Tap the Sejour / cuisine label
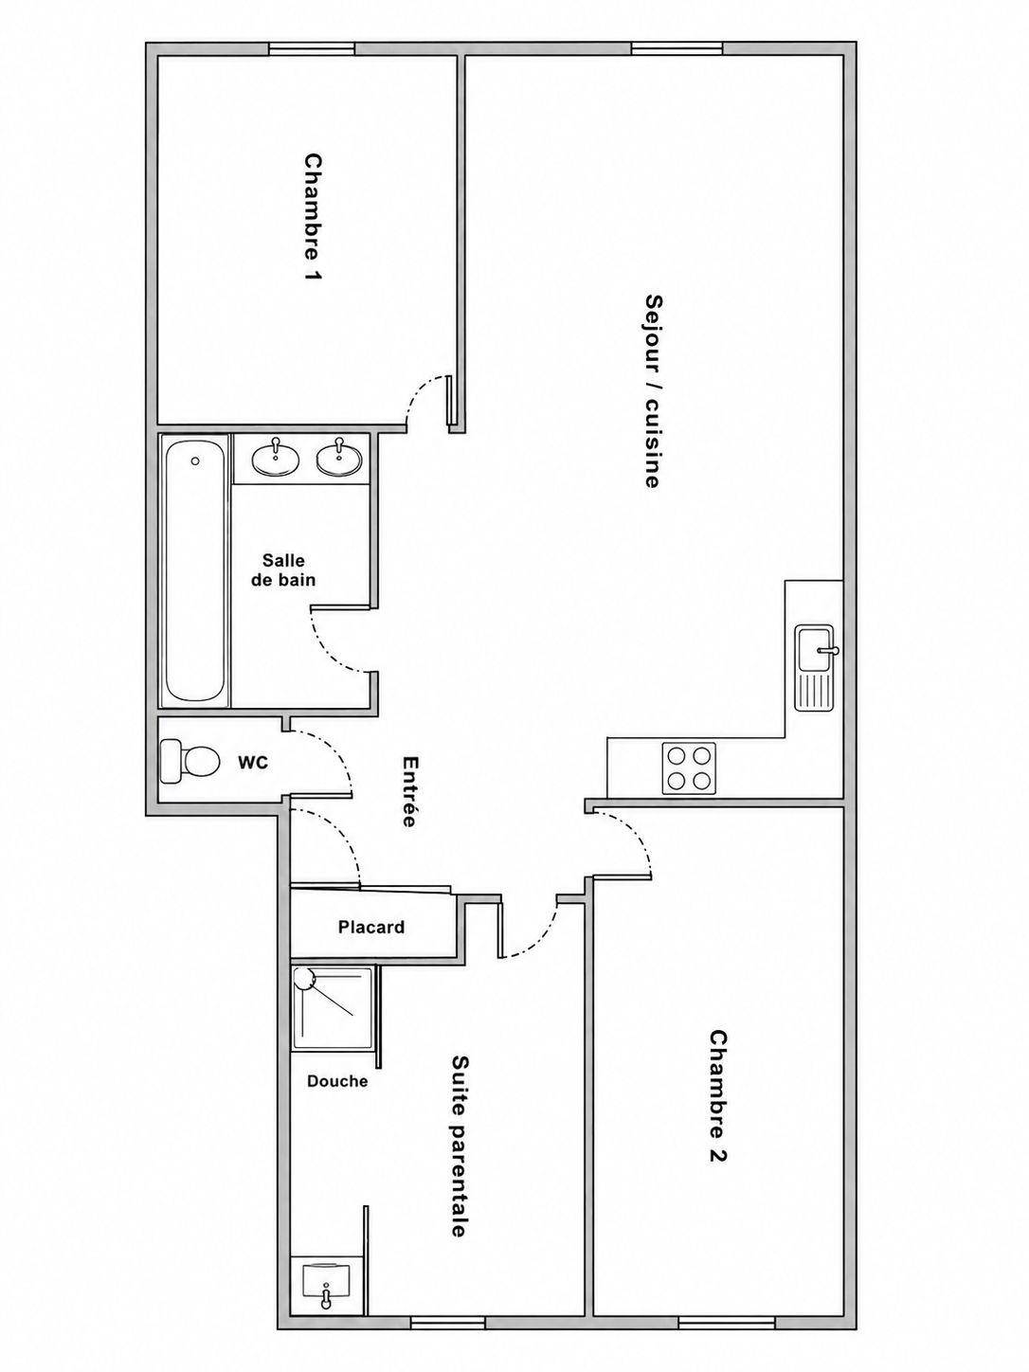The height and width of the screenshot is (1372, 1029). click(653, 390)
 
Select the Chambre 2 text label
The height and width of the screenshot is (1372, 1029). click(718, 1104)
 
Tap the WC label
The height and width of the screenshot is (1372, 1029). click(253, 762)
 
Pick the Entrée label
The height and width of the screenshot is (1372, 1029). click(409, 791)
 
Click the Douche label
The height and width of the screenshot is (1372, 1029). click(337, 1081)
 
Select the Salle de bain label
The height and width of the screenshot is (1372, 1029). click(283, 569)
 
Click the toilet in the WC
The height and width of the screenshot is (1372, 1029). click(190, 761)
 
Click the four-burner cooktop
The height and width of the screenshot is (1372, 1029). click(690, 768)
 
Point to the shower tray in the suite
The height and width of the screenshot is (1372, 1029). click(334, 1007)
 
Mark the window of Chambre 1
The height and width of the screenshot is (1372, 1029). click(312, 49)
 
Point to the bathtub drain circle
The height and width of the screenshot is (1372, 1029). click(195, 461)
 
